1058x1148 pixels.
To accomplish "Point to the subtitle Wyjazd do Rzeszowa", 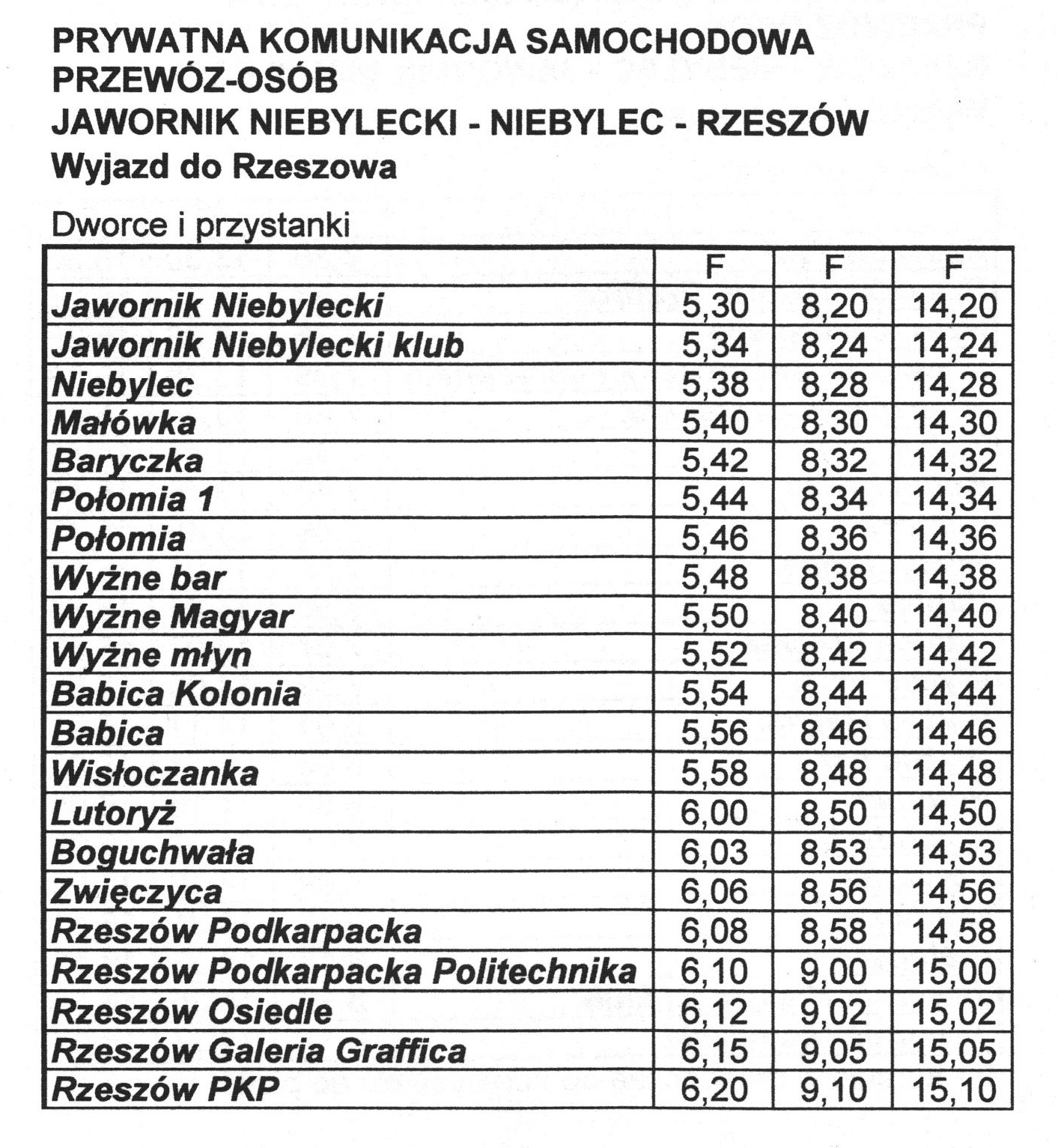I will (x=223, y=166).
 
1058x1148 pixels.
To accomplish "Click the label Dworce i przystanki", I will (x=200, y=225).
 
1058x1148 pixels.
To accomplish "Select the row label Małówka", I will (x=124, y=423).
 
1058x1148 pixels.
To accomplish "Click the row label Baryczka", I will (x=127, y=461).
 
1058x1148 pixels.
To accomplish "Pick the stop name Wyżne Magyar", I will (x=171, y=617).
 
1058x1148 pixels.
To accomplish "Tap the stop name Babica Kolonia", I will (x=176, y=694).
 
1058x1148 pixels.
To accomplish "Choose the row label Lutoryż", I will (x=113, y=813).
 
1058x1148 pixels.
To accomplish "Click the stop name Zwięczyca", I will (x=136, y=892).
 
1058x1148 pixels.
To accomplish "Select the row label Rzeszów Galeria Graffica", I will (x=258, y=1051).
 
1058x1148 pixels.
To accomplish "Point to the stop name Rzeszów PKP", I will (x=165, y=1089).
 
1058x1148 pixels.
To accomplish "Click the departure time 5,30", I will (x=714, y=306).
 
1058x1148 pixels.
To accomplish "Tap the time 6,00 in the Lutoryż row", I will (x=714, y=813).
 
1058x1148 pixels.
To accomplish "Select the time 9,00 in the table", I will (x=833, y=972).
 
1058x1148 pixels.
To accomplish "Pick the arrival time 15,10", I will (x=954, y=1090).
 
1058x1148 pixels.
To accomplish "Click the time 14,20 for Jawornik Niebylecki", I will (x=954, y=306).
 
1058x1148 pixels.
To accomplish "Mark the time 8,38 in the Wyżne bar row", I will (x=833, y=577).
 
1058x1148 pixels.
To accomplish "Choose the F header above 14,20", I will (x=953, y=267).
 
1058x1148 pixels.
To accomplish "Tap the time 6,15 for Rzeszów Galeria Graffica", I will (x=714, y=1051).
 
